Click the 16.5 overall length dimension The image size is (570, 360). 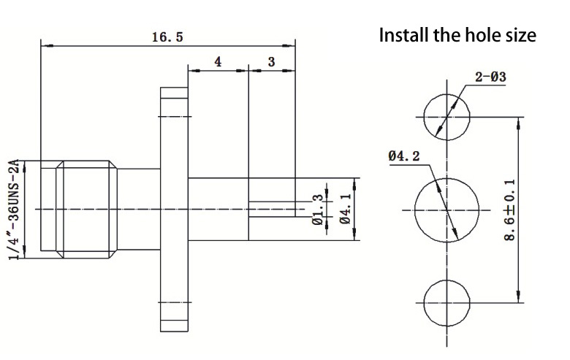click(167, 37)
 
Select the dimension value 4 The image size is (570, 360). click(218, 62)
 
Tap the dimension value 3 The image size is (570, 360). click(272, 62)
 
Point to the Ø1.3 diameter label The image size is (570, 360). click(317, 210)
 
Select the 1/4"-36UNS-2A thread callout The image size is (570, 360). click(14, 210)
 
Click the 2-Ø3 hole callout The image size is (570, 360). click(490, 77)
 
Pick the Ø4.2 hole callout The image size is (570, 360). click(403, 156)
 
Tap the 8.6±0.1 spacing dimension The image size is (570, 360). click(510, 210)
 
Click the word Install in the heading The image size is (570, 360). click(404, 35)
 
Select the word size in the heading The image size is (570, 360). click(520, 36)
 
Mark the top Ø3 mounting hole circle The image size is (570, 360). click(424, 117)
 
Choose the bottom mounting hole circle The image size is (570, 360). click(424, 302)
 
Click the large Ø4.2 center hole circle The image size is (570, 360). click(415, 210)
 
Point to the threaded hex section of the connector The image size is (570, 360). click(86, 210)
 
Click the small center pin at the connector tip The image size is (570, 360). click(272, 210)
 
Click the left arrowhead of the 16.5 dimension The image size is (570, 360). click(47, 46)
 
